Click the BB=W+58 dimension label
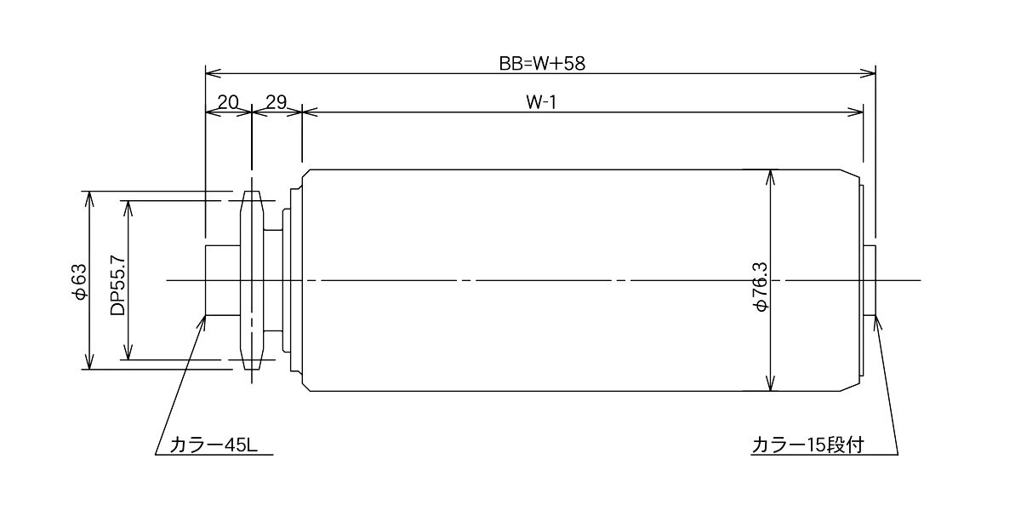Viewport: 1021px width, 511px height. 542,63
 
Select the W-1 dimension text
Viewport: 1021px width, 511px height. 541,102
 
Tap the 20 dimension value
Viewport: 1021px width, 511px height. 228,102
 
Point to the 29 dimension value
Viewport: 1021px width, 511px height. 277,102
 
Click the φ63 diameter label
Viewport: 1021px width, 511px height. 79,282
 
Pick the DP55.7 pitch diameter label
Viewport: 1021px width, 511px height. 117,284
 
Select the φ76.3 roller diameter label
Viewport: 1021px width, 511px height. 761,287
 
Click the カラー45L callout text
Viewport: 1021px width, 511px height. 214,445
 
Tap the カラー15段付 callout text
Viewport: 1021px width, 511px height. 807,445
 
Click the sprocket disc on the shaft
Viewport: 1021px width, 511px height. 252,280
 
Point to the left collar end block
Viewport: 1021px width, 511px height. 223,280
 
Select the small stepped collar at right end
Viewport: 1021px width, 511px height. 870,280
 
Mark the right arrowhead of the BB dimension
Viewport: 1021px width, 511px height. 868,73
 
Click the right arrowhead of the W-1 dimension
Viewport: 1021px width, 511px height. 856,112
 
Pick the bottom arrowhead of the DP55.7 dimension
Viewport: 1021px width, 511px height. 128,351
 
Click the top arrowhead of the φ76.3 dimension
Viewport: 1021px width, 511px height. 770,178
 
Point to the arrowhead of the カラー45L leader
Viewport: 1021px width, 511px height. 202,322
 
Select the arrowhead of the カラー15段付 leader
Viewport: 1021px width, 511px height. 877,322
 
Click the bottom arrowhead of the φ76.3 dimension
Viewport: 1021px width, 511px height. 770,382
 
